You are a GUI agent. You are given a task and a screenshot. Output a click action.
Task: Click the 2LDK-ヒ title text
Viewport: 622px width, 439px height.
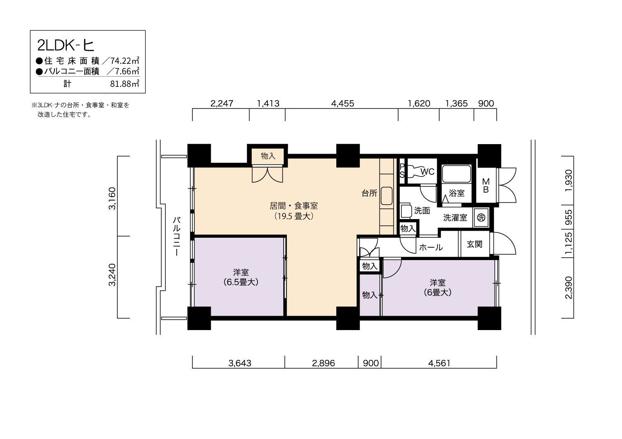point(66,46)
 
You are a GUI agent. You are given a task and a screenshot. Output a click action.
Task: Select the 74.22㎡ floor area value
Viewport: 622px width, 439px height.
point(125,60)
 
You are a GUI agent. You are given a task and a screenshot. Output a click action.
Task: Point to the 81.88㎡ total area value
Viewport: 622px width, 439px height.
point(125,84)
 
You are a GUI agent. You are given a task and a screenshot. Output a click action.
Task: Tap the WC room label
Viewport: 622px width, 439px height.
point(428,172)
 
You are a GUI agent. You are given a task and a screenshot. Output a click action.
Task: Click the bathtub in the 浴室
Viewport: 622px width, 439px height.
point(456,174)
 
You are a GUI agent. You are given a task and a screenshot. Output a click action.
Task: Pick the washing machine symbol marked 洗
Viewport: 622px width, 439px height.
point(481,217)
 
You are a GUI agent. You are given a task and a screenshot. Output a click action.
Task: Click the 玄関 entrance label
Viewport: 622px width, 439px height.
point(474,244)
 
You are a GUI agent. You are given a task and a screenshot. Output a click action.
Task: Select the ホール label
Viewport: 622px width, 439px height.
point(431,247)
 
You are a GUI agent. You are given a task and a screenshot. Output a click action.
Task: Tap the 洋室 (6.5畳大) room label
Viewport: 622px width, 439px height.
point(241,277)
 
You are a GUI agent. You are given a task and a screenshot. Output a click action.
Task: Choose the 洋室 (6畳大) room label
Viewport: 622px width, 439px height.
point(437,287)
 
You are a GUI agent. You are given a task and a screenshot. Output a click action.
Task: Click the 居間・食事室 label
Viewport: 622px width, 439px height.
point(294,206)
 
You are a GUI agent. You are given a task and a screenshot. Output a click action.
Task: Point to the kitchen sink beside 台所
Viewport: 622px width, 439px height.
point(386,196)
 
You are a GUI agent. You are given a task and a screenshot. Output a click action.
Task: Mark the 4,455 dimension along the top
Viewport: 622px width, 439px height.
point(343,104)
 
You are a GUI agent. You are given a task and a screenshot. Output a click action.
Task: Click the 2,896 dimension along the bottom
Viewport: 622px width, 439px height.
point(323,363)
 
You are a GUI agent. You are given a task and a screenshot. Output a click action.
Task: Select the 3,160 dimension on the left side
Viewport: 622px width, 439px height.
point(112,198)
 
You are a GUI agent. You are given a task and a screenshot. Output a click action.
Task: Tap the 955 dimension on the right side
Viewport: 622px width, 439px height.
point(569,217)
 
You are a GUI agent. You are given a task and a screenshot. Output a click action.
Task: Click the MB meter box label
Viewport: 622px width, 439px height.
point(486,186)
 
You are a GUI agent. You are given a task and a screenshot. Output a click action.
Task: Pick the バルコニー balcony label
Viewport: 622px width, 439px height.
point(177,236)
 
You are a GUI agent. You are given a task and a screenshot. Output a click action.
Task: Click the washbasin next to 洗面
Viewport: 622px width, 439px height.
point(406,211)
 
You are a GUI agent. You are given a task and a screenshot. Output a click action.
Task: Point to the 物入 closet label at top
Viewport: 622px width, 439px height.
point(268,156)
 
